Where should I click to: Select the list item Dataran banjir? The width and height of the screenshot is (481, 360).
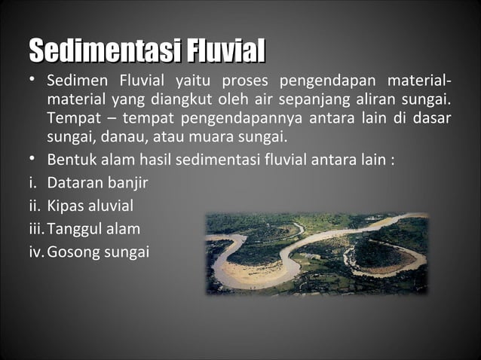(97, 182)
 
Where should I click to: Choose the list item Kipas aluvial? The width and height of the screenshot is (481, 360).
(90, 205)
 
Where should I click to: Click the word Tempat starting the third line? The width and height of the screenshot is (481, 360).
(70, 118)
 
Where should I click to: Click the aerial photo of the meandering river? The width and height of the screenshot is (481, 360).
(317, 253)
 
